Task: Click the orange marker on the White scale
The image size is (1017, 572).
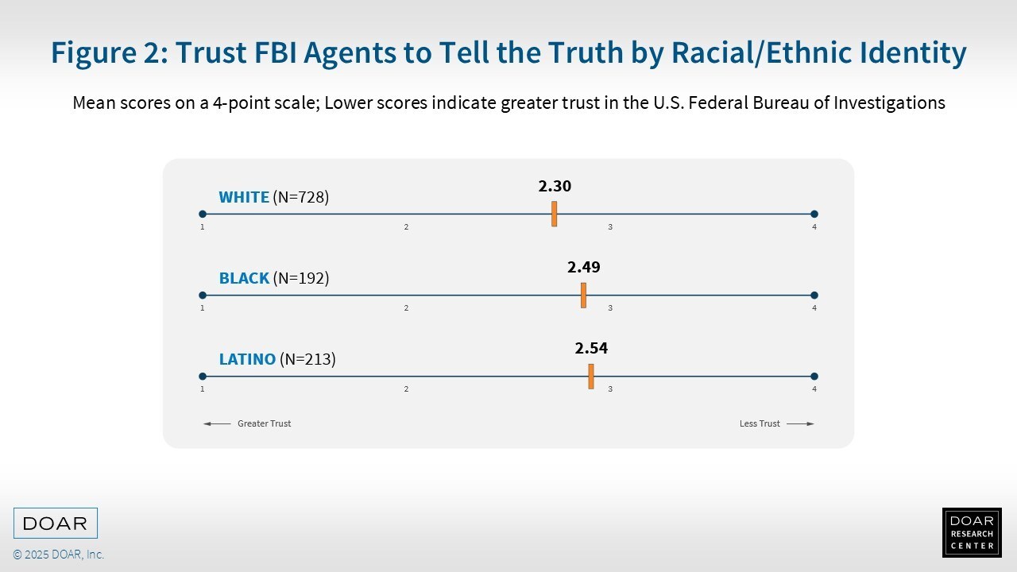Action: (x=554, y=214)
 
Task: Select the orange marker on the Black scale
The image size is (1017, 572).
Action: (x=583, y=295)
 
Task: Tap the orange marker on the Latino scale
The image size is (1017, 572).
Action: (x=590, y=377)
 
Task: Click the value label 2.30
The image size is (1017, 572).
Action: (x=555, y=186)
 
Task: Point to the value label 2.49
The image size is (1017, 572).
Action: (x=584, y=267)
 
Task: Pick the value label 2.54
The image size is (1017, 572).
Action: (x=591, y=348)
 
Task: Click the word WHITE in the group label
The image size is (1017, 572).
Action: (x=244, y=197)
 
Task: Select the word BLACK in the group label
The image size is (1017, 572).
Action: (x=244, y=278)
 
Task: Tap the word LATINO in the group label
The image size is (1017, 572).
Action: (x=247, y=359)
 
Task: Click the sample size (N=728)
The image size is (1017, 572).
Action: (x=301, y=197)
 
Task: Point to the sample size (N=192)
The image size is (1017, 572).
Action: (x=301, y=278)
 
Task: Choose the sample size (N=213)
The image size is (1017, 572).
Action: (x=307, y=359)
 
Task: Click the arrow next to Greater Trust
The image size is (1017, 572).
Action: (x=217, y=423)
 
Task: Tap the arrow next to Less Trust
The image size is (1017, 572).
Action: (x=800, y=423)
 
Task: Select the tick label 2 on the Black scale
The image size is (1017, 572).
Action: (x=406, y=307)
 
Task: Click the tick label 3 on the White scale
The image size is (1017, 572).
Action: (x=610, y=227)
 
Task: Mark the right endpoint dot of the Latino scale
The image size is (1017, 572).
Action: (x=814, y=377)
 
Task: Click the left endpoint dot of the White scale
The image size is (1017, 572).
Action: (x=203, y=214)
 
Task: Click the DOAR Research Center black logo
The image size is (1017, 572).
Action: (x=972, y=532)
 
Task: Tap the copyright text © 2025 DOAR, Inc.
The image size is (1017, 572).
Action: (x=59, y=555)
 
